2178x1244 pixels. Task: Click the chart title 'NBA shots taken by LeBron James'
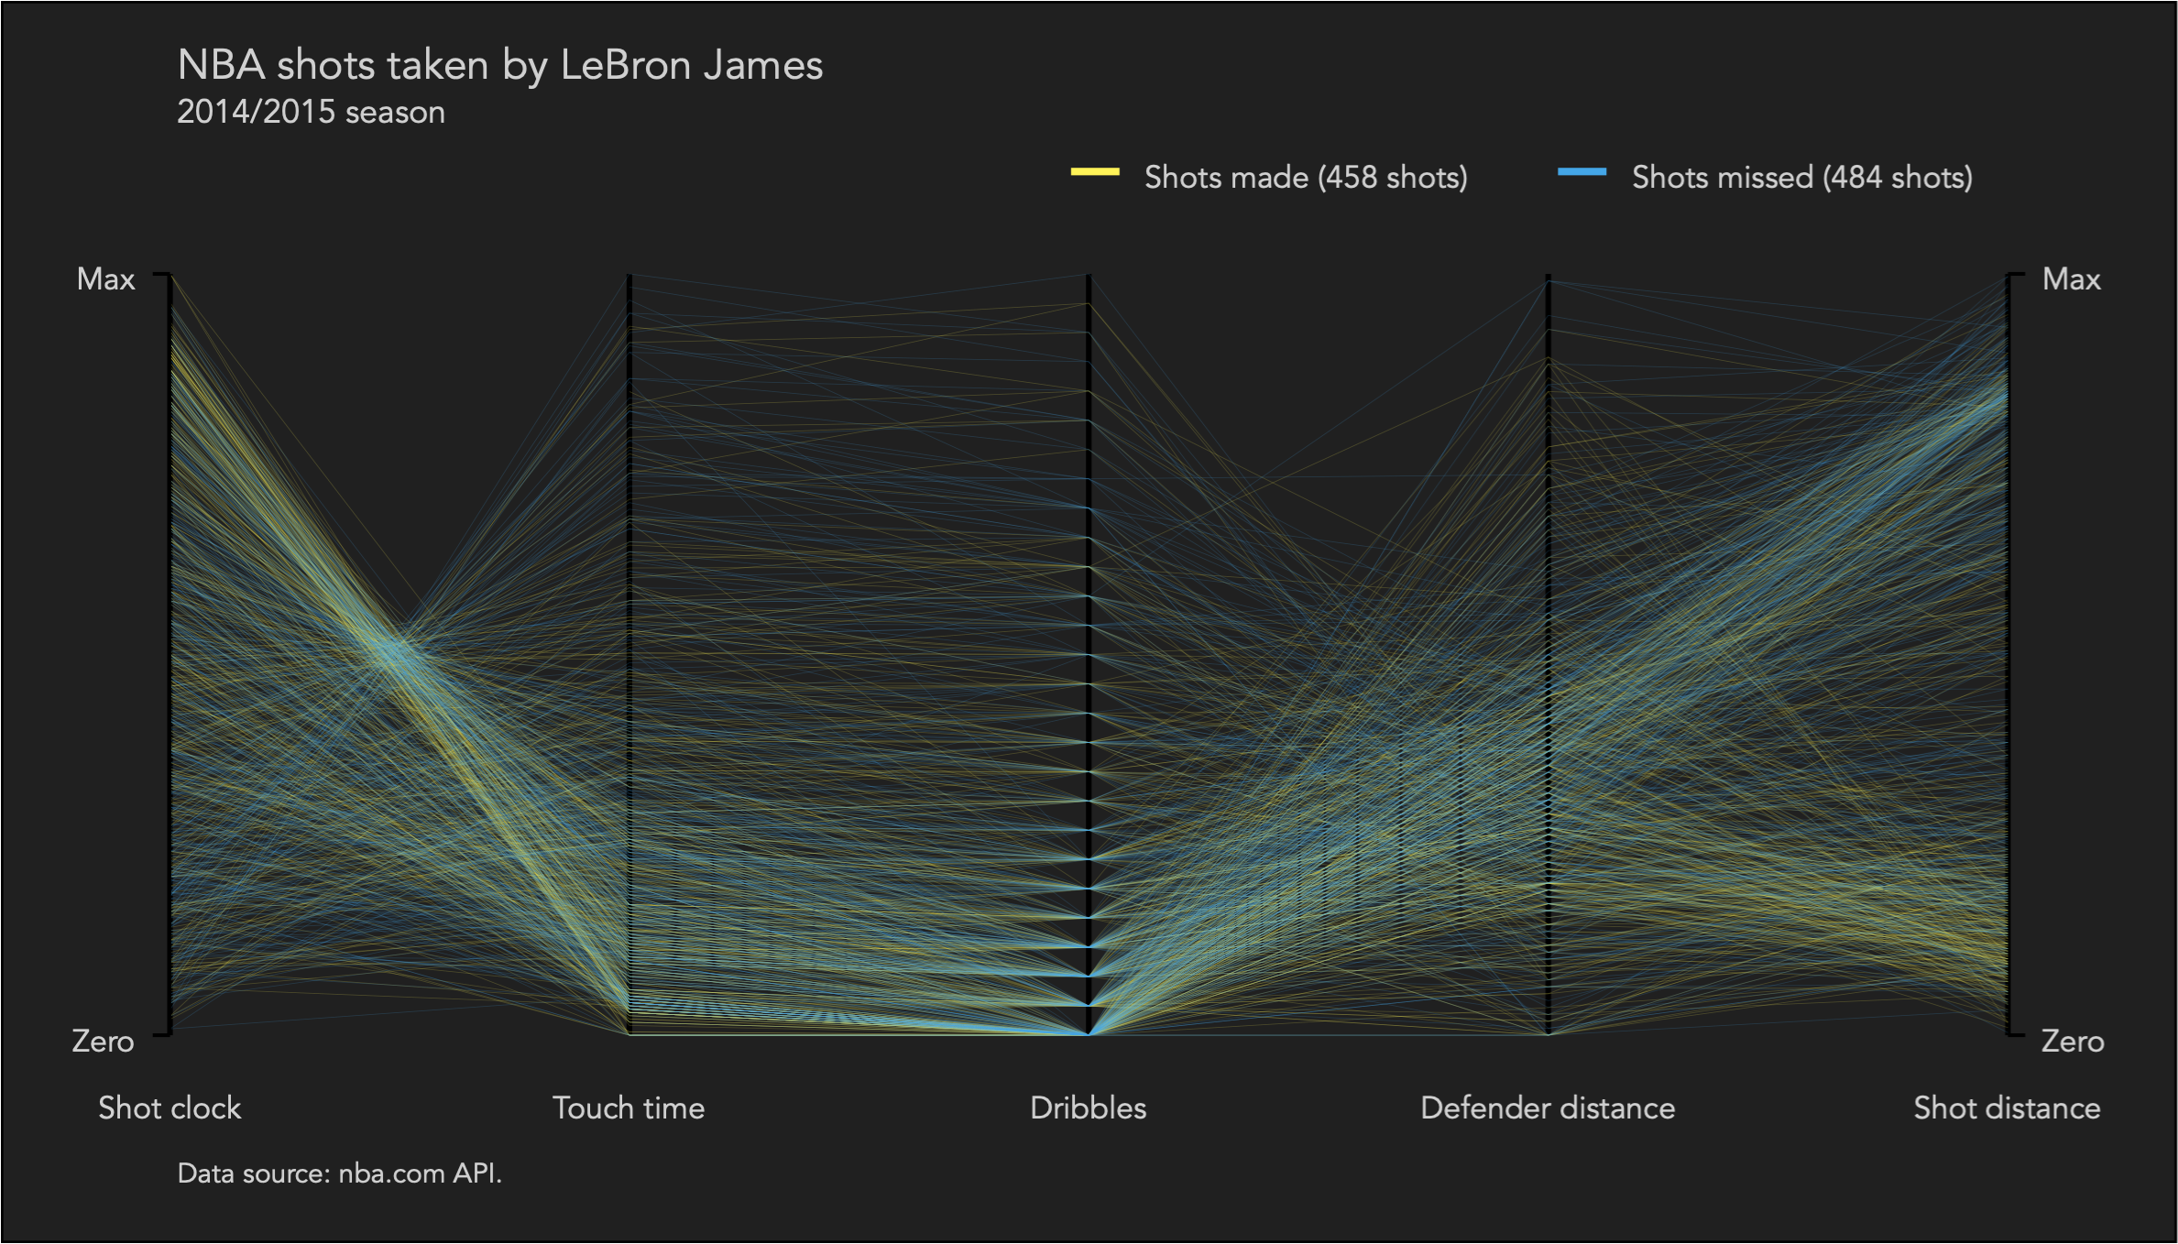click(x=499, y=66)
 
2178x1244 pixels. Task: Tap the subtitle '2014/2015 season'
click(x=311, y=113)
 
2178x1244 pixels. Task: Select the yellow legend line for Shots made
click(x=1095, y=171)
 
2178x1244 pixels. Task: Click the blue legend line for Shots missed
click(x=1582, y=171)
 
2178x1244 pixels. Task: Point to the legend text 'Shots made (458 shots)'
click(x=1306, y=177)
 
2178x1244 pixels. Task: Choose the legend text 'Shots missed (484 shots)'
click(x=1801, y=177)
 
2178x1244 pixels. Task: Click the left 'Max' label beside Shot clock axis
click(x=105, y=279)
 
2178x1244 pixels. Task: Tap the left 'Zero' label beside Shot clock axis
click(x=103, y=1042)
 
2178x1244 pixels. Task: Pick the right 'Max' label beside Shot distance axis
click(x=2071, y=279)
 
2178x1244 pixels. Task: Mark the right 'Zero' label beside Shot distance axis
click(x=2073, y=1042)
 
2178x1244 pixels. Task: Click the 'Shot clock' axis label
click(x=170, y=1108)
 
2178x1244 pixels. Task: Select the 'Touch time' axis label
click(x=629, y=1108)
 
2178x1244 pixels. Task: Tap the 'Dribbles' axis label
click(x=1088, y=1108)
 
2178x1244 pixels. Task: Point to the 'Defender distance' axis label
click(x=1548, y=1108)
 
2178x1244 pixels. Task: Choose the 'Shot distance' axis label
click(x=2007, y=1108)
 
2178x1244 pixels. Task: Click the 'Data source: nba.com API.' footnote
click(x=339, y=1173)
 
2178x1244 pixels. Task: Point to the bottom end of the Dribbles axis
click(x=1089, y=1033)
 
